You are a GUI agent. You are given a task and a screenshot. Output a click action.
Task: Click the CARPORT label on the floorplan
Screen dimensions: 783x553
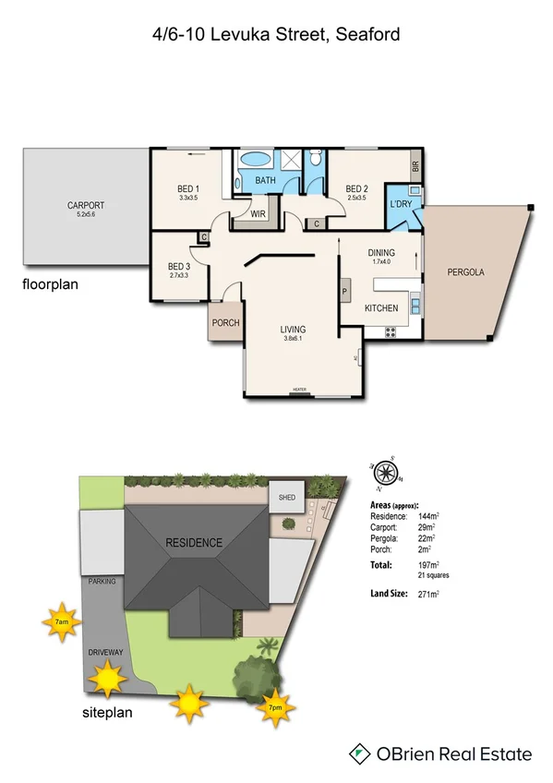(x=85, y=205)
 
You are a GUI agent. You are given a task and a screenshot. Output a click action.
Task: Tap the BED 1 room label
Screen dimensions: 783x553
(x=188, y=189)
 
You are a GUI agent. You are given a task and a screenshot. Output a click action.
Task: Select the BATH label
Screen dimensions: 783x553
(x=266, y=180)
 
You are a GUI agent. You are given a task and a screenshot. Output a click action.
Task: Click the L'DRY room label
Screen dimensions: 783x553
(x=401, y=204)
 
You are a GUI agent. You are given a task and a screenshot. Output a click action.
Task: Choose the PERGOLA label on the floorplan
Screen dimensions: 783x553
(x=465, y=272)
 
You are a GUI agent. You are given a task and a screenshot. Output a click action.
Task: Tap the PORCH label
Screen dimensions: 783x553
(x=226, y=323)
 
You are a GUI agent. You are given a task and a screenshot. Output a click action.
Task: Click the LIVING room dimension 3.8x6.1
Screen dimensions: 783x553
(x=294, y=339)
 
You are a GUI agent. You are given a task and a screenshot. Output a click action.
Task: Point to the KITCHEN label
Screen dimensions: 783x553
(x=381, y=307)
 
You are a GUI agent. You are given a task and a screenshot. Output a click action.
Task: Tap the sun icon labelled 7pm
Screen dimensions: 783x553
(x=276, y=706)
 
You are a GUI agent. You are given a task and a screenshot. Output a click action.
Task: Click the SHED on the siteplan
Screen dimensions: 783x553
(x=283, y=498)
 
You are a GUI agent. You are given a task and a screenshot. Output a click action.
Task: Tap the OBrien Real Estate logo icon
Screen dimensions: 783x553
(x=358, y=753)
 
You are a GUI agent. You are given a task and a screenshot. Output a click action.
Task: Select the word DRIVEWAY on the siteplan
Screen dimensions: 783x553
(x=106, y=652)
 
